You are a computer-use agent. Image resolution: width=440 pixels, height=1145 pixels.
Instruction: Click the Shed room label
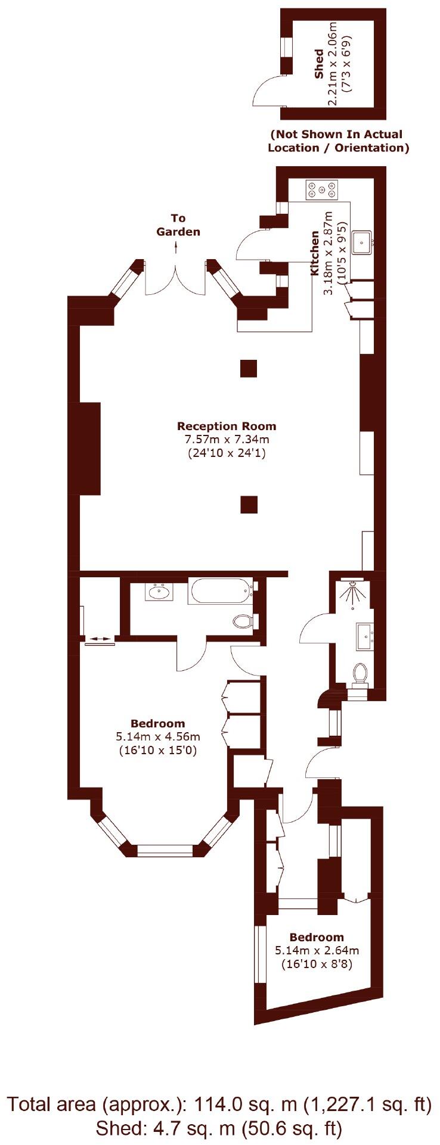click(319, 64)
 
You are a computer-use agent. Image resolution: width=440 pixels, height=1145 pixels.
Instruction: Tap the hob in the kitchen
click(322, 190)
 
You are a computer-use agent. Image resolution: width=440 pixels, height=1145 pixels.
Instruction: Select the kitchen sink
click(361, 242)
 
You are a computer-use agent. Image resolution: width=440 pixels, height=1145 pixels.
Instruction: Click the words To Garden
click(178, 225)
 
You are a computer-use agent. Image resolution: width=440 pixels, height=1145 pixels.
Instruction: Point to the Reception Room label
click(227, 426)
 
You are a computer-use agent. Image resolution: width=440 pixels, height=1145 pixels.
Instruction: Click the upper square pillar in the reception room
click(249, 369)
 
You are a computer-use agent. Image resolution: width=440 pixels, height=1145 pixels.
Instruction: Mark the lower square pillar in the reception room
click(249, 505)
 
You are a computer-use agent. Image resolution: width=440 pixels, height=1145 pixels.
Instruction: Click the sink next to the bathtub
click(159, 592)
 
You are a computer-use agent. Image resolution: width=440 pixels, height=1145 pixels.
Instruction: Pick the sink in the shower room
click(364, 636)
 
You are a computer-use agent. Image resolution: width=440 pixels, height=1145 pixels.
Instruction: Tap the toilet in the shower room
click(360, 673)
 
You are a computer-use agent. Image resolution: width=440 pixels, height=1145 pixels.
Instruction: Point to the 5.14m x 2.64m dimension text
click(317, 950)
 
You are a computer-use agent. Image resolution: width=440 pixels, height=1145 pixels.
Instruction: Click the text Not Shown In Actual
click(336, 135)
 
